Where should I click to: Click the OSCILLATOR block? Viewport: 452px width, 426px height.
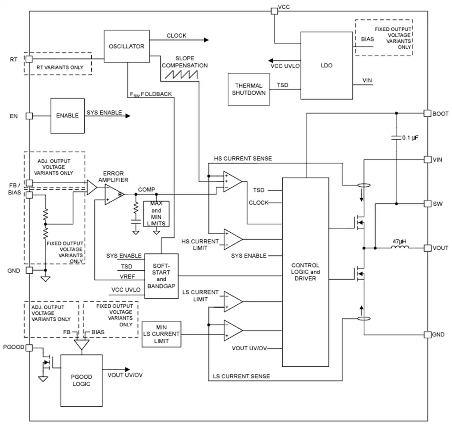click(127, 46)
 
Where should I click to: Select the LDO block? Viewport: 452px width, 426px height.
click(327, 65)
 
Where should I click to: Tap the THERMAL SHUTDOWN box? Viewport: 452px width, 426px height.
click(249, 89)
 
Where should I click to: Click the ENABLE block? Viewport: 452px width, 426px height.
click(67, 116)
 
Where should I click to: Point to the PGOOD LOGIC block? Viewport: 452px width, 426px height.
click(81, 380)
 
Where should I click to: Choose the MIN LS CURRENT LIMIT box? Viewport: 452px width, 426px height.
click(161, 334)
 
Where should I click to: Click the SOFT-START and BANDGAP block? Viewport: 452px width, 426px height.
click(161, 276)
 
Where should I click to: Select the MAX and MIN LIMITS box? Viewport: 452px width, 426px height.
click(156, 214)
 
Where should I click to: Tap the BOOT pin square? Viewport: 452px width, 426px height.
click(427, 113)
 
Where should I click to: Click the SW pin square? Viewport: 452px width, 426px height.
click(427, 204)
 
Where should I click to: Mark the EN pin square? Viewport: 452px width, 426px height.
click(30, 116)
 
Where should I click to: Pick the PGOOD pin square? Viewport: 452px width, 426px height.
click(29, 347)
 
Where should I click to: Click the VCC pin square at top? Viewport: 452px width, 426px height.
click(274, 11)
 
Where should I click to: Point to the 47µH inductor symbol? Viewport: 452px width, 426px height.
click(400, 247)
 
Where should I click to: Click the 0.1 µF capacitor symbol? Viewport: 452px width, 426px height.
click(397, 137)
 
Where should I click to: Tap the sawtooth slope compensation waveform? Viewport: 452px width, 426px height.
click(181, 74)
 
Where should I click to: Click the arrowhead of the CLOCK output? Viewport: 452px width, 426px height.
click(206, 40)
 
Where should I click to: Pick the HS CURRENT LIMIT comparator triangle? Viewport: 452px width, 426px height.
click(233, 239)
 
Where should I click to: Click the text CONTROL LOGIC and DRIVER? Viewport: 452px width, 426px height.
click(305, 272)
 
